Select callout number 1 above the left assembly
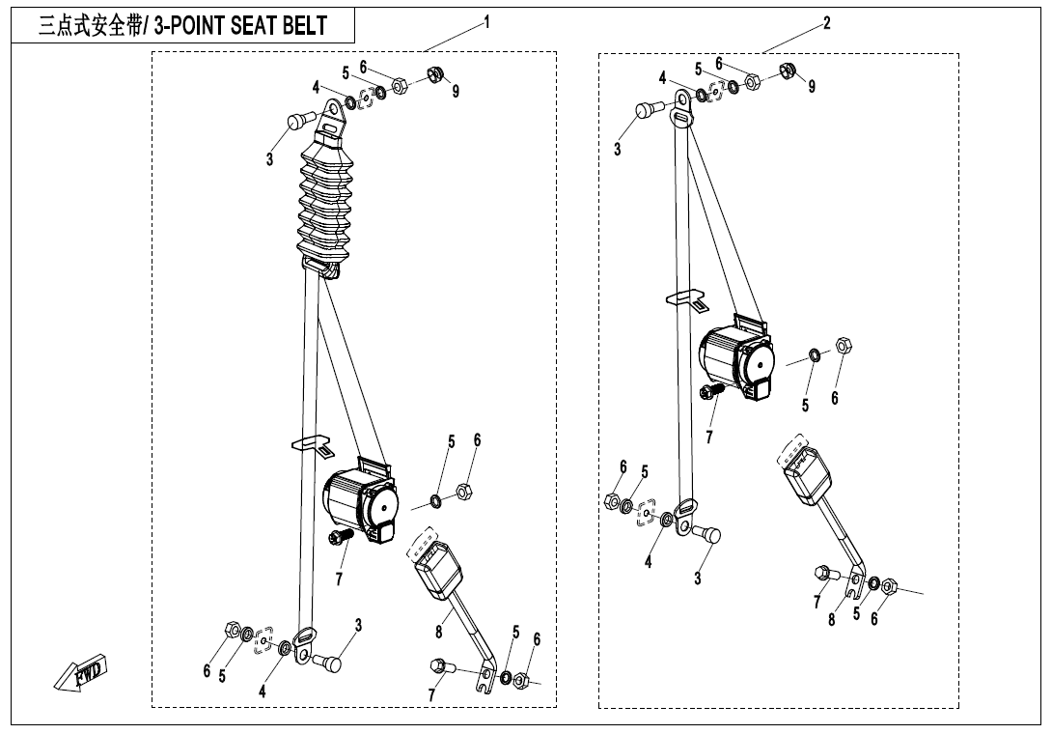tap(487, 22)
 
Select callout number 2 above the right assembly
tap(827, 22)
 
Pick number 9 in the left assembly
tap(456, 91)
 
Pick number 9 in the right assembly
tap(812, 86)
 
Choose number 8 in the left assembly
tap(438, 633)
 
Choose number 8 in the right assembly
tap(831, 619)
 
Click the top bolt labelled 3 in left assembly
tap(298, 122)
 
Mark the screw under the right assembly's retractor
tap(711, 391)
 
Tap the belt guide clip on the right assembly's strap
tap(684, 298)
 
